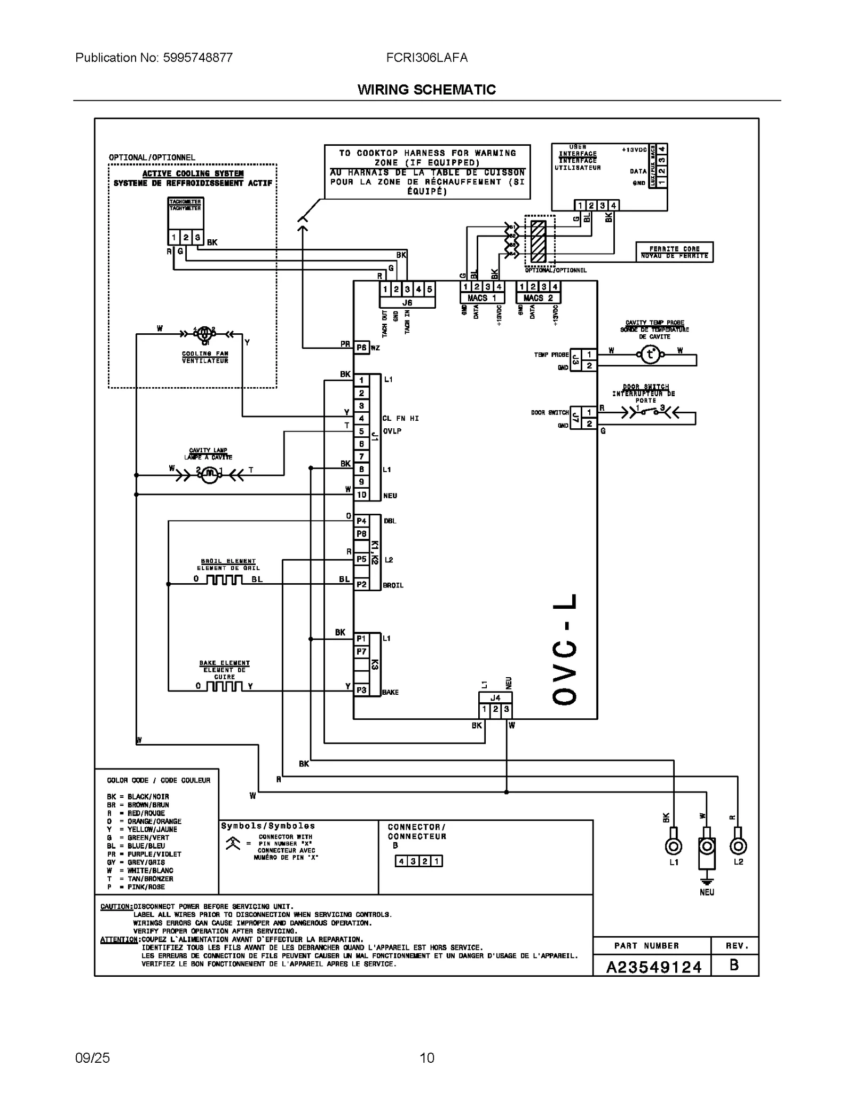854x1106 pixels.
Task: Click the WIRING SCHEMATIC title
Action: [x=426, y=90]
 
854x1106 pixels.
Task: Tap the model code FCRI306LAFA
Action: [x=426, y=58]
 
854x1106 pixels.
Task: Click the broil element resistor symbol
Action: [x=224, y=580]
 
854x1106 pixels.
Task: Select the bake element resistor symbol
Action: [x=224, y=687]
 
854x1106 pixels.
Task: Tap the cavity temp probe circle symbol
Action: [x=650, y=354]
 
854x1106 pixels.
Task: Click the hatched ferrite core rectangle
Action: [x=538, y=241]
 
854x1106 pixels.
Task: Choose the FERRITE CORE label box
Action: [x=674, y=252]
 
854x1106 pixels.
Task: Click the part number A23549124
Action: [x=653, y=967]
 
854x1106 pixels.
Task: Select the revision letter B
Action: [x=734, y=966]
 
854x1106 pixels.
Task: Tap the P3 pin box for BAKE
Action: [x=361, y=690]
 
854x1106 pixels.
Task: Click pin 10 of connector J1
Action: [x=361, y=495]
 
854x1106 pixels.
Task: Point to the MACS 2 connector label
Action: [x=538, y=298]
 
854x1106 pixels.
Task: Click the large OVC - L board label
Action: [x=565, y=649]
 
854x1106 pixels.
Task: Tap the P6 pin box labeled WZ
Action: [x=361, y=348]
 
